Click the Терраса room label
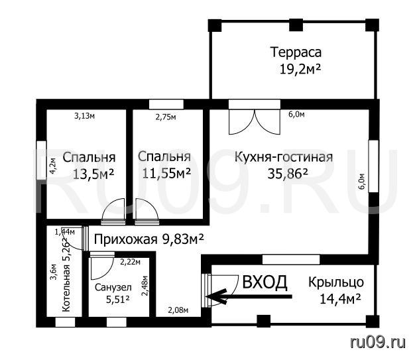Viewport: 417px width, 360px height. [296, 52]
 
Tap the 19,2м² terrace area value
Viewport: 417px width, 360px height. [300, 69]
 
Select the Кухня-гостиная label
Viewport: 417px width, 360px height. [284, 157]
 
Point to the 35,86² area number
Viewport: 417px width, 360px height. [288, 174]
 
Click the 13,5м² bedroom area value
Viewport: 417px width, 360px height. [93, 174]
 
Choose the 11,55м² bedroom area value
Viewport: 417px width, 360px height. [166, 174]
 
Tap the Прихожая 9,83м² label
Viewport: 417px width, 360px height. [149, 239]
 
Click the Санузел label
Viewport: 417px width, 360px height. [113, 287]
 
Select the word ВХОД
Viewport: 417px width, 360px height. [265, 282]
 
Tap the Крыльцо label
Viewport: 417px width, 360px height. [336, 282]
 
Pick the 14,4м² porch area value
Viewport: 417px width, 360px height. [340, 299]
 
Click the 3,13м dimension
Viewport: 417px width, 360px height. [84, 116]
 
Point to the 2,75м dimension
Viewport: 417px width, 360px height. [166, 117]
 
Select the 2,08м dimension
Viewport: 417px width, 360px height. [178, 310]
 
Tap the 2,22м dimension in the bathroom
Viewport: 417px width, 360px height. [131, 262]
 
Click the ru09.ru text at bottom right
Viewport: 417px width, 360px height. [378, 342]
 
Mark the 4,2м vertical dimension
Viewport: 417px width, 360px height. [52, 166]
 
